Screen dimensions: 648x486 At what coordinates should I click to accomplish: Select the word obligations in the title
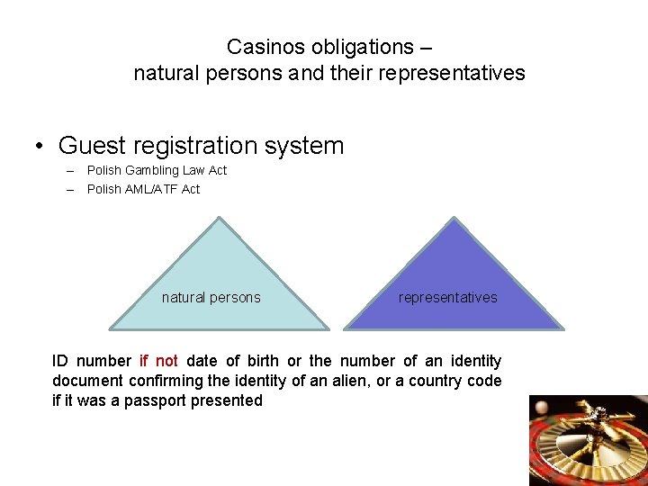(x=360, y=46)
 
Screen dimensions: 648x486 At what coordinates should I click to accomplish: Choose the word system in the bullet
(x=311, y=145)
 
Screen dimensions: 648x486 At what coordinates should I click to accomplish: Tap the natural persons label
(x=211, y=298)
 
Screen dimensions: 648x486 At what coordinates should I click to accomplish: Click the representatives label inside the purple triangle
(x=447, y=298)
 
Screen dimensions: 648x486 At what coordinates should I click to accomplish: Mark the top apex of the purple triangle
(x=454, y=218)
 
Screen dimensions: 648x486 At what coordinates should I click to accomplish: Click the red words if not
(x=158, y=361)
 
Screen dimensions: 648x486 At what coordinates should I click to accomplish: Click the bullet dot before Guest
(x=40, y=146)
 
